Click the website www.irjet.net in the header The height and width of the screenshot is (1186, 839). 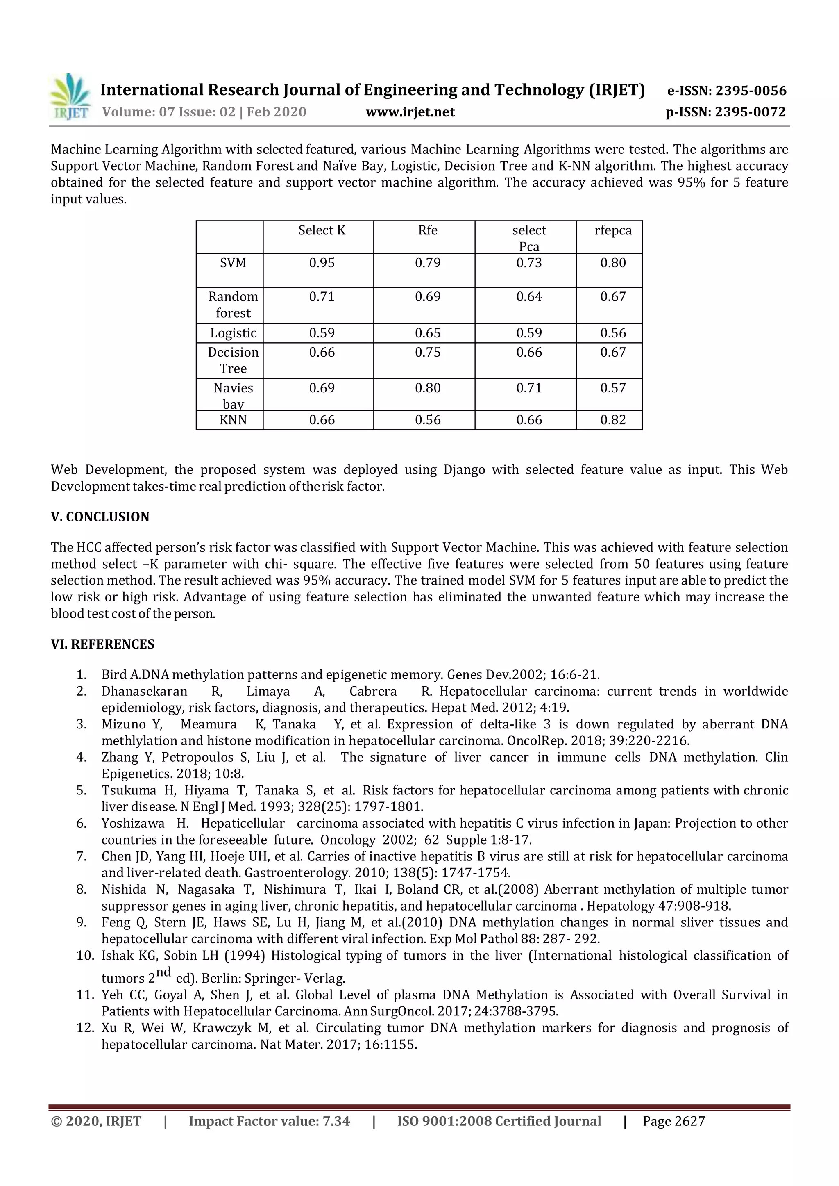click(x=410, y=112)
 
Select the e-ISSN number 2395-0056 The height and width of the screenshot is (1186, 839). click(x=751, y=91)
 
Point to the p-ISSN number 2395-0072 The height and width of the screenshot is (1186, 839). click(x=751, y=112)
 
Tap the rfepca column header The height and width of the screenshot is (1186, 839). click(x=613, y=230)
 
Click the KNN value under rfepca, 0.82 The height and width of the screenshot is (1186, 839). click(x=613, y=420)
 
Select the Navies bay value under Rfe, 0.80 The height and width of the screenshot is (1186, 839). click(x=427, y=388)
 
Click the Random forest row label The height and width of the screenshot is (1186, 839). click(x=233, y=305)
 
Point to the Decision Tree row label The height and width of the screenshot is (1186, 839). click(x=233, y=360)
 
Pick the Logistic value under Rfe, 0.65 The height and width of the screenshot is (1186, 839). click(x=427, y=333)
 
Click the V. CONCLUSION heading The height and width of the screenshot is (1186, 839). click(x=100, y=517)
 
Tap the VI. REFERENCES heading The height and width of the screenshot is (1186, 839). click(x=102, y=644)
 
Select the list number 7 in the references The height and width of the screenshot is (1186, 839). click(x=82, y=857)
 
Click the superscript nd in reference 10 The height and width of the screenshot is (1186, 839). click(x=163, y=972)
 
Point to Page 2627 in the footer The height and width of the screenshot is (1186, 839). click(x=673, y=1121)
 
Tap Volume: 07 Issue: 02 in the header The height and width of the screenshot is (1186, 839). click(x=168, y=112)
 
